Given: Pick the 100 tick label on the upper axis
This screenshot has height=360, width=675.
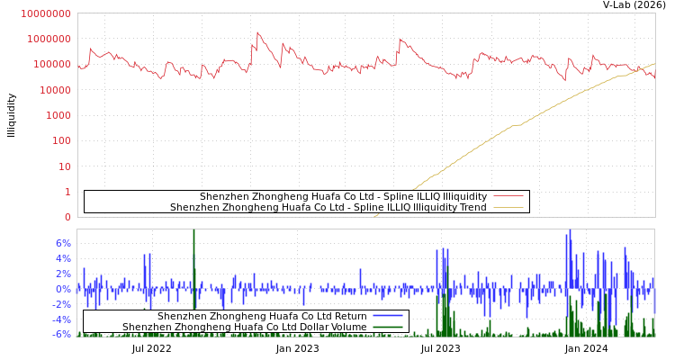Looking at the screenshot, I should tap(60, 141).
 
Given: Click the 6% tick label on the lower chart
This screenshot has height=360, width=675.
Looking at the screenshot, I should tap(63, 243).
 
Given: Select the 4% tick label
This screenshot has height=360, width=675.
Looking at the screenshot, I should tap(63, 258).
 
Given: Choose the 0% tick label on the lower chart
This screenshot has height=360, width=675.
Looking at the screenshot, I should tap(63, 289).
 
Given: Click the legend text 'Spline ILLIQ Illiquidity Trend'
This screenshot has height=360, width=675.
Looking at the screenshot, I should tap(328, 208).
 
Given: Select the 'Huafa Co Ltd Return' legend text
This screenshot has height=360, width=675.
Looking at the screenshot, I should tap(262, 317).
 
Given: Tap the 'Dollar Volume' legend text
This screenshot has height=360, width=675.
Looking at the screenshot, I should tap(244, 328).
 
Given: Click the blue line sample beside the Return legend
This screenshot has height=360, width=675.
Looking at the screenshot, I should tap(387, 317).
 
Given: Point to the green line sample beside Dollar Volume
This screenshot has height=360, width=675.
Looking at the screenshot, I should tap(387, 328).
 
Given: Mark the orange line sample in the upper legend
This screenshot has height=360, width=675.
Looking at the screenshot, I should tap(508, 208).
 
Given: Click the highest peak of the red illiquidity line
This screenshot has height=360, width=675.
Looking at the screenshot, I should tap(258, 33).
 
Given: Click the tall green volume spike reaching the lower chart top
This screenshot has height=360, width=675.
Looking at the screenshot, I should tap(193, 236).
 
